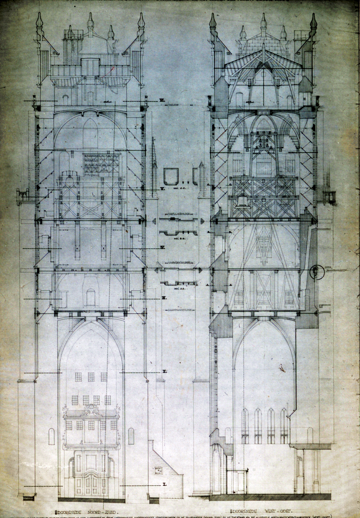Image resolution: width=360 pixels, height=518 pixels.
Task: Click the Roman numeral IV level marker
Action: (162, 247)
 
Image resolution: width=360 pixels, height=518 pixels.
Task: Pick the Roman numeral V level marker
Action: (162, 188)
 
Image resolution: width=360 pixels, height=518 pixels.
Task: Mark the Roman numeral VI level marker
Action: (162, 100)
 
